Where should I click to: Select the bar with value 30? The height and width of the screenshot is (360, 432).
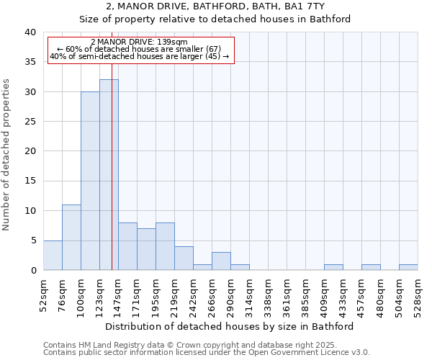tap(90, 181)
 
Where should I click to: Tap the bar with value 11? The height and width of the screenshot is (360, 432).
tap(71, 238)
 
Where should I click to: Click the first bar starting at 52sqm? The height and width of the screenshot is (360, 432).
tap(53, 256)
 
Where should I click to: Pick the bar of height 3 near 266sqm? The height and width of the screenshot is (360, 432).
tap(221, 261)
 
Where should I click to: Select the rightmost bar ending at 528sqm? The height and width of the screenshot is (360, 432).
tap(408, 267)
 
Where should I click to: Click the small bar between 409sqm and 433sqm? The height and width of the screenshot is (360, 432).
tap(333, 267)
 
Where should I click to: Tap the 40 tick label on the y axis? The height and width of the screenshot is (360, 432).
tap(30, 32)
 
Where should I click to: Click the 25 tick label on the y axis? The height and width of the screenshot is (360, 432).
tap(30, 122)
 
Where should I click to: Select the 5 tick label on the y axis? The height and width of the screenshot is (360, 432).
tap(32, 240)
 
